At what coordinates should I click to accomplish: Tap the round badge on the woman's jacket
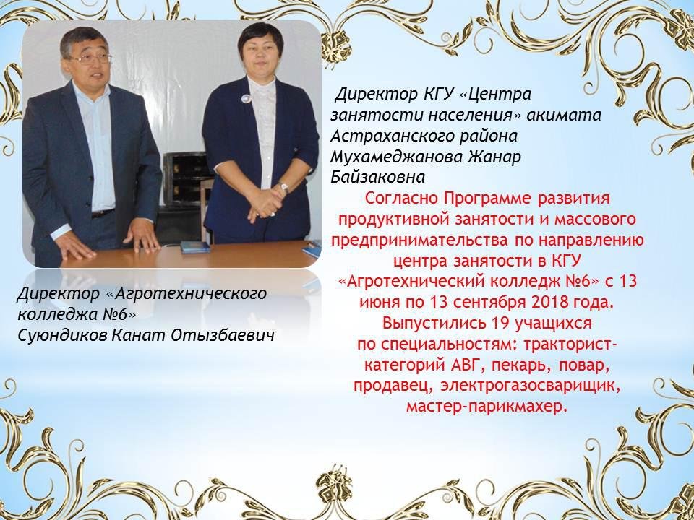tap(246, 98)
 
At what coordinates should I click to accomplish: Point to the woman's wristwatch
tap(283, 188)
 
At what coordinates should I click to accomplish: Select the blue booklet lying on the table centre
tap(195, 247)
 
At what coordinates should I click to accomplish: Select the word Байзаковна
tap(377, 178)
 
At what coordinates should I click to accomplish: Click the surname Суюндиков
tap(62, 335)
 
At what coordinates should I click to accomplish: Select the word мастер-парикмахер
tap(487, 406)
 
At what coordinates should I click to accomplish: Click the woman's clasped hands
tap(265, 204)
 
